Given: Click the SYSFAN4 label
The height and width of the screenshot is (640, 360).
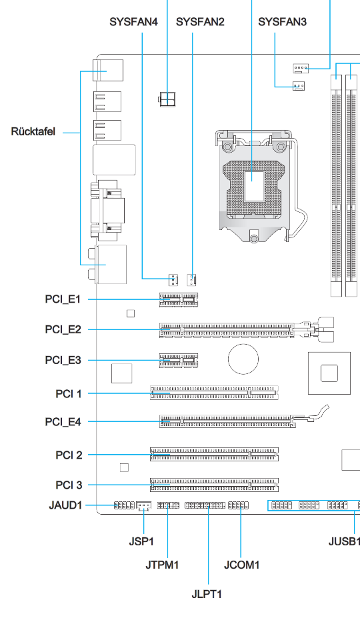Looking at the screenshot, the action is (x=133, y=21).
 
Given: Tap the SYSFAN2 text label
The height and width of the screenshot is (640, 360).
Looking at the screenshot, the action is (x=200, y=21).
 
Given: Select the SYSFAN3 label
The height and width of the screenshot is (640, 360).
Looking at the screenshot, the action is (x=282, y=21).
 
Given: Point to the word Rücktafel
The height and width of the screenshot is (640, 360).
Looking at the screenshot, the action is (x=33, y=132).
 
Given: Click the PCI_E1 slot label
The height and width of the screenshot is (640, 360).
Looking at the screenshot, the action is (x=63, y=299).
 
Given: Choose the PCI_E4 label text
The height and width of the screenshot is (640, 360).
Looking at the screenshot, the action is (x=63, y=421).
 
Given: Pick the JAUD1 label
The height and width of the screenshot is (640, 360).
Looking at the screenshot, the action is (x=65, y=505).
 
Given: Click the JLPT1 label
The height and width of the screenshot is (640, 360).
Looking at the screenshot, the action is (x=207, y=594).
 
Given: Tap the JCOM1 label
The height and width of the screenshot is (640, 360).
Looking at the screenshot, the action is (x=241, y=565).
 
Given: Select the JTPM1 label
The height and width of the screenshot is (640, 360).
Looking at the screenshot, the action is (x=162, y=565).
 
